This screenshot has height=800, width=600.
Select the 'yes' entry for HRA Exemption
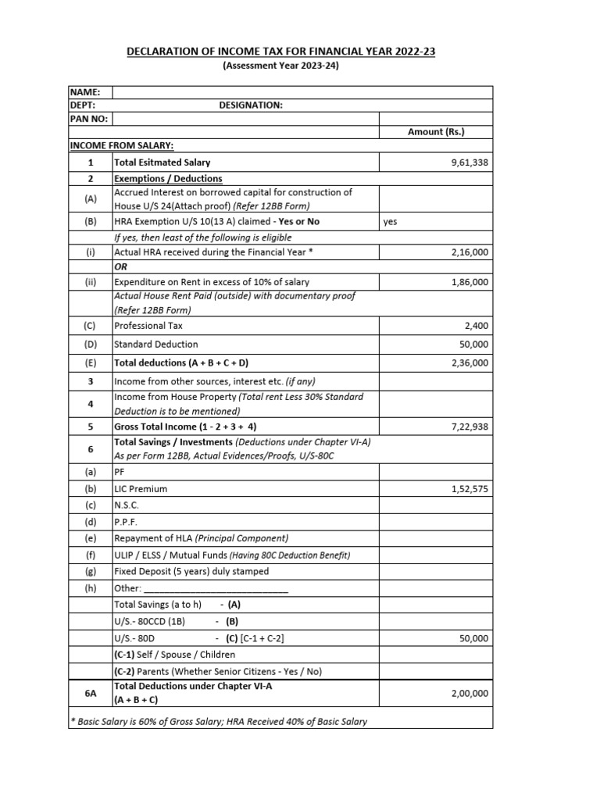(390, 222)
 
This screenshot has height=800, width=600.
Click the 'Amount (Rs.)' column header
(436, 132)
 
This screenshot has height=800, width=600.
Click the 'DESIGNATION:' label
(251, 105)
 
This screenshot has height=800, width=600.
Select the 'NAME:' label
(85, 92)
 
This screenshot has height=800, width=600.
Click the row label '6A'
(91, 693)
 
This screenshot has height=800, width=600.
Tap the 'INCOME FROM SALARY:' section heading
(122, 145)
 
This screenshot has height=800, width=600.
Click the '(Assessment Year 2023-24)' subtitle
(281, 66)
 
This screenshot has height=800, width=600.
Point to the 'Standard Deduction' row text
(156, 344)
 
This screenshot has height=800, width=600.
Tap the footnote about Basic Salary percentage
(219, 722)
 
